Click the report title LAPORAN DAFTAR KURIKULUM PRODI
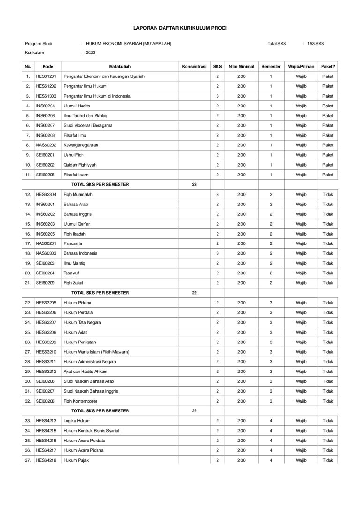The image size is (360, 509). click(180, 29)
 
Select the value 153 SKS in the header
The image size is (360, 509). click(315, 44)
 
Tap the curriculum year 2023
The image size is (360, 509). click(90, 53)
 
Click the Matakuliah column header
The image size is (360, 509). click(120, 67)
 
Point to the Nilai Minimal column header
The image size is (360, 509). click(241, 67)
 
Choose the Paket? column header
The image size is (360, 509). click(328, 67)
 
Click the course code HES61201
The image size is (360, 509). click(46, 76)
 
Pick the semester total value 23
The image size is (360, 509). click(195, 184)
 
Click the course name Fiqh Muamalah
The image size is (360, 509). click(78, 194)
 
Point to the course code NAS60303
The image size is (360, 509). click(46, 253)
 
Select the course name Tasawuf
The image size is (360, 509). click(72, 273)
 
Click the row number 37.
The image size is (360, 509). click(28, 460)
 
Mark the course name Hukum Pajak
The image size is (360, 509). click(76, 460)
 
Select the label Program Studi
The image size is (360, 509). click(38, 44)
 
